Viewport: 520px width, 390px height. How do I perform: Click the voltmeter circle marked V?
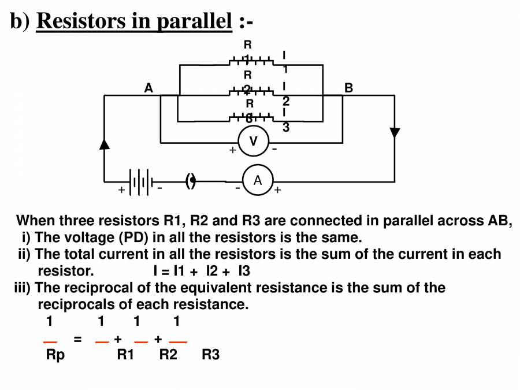point(252,142)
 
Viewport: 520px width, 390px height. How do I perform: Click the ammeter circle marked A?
point(257,181)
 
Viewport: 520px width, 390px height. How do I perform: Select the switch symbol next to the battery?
point(191,181)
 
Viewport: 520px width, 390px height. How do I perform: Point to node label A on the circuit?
point(148,88)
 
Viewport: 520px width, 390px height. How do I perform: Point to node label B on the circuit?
point(348,88)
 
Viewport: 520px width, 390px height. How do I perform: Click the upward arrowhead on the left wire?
point(105,144)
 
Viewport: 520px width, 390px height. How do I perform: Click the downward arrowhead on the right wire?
point(395,132)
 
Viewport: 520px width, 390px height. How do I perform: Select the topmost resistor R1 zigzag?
point(251,60)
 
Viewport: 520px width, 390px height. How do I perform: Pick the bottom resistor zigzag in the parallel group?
point(251,118)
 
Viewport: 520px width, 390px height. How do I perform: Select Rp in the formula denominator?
point(55,355)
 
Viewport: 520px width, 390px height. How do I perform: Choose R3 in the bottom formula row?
point(210,355)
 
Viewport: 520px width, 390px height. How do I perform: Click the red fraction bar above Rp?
point(50,343)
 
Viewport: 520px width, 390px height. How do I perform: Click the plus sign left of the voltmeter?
point(232,150)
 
